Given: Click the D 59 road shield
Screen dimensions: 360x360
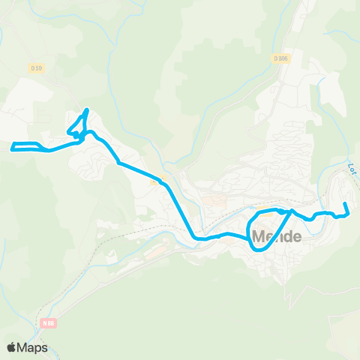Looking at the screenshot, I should (36, 68).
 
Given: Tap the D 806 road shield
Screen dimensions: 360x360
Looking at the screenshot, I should (280, 58).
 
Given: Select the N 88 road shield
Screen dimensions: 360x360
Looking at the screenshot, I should (49, 322).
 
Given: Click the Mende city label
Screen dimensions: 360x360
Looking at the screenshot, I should (277, 237).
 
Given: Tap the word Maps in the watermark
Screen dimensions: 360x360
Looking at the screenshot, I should (33, 348).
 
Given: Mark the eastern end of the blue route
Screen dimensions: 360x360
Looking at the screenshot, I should (344, 204).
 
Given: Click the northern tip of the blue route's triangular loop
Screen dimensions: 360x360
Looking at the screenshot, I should (87, 111).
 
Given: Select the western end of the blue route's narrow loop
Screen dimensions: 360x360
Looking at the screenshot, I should (11, 145).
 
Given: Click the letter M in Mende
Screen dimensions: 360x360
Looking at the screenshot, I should (259, 237).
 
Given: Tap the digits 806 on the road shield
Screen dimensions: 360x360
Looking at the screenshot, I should (283, 58).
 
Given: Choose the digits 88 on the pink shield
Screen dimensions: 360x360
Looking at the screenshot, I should (51, 322).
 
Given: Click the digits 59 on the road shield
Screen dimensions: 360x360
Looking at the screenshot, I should (38, 68).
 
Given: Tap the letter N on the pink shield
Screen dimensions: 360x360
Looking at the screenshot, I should (45, 322).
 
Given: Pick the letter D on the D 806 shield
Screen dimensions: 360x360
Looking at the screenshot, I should (276, 58).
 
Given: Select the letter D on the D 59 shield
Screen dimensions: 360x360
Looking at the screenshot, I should (33, 68).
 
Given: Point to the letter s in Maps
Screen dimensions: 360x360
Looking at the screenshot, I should (45, 349).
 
